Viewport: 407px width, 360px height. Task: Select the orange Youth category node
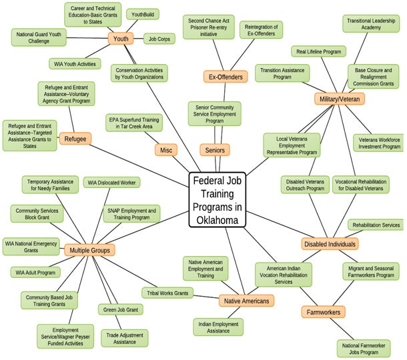121,39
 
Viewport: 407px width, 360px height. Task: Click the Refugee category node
75,139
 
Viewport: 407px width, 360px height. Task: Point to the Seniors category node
214,150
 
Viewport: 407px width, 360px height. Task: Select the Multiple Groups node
89,251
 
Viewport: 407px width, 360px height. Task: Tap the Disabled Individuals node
330,244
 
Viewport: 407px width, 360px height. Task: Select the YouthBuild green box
143,13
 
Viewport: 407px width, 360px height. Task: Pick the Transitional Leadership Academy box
371,24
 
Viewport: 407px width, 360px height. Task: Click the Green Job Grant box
120,309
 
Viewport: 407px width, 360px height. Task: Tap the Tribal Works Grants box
167,293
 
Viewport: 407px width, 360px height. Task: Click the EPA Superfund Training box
134,123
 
